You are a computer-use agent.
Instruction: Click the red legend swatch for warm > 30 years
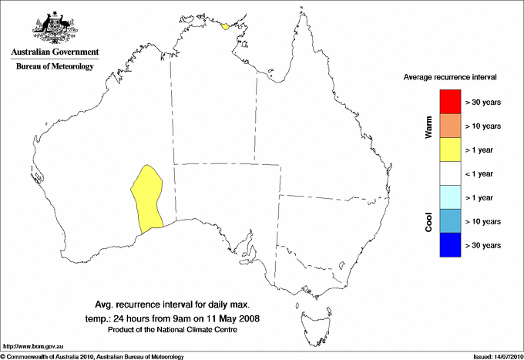(x=450, y=102)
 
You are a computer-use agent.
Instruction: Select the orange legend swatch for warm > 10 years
(x=450, y=126)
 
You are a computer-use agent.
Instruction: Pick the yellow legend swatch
(x=450, y=150)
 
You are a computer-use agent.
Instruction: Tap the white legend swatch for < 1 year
(x=450, y=173)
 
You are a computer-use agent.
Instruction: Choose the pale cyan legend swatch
(x=450, y=197)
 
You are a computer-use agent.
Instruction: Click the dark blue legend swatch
(x=450, y=245)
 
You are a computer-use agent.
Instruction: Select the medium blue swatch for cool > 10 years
(x=450, y=221)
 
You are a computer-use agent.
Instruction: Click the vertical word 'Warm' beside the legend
(x=428, y=127)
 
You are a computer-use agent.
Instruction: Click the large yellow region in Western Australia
(x=148, y=197)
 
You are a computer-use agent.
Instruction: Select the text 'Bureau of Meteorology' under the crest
(x=55, y=66)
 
